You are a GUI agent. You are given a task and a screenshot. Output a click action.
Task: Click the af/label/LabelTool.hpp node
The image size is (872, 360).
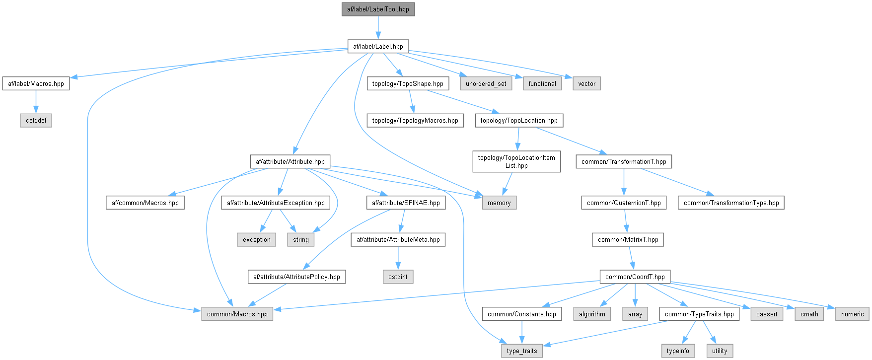coord(378,9)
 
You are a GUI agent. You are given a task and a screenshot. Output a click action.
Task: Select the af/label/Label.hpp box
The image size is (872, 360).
coord(378,47)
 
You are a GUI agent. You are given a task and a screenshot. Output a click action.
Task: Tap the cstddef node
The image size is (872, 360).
coord(36,121)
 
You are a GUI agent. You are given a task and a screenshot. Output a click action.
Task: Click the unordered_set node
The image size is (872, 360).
coord(486,84)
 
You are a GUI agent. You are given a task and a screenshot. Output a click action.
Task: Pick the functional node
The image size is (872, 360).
coord(542,84)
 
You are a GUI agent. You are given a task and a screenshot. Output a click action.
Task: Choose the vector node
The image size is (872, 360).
coord(586,84)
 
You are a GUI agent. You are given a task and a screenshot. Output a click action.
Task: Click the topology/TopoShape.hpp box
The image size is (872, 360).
coord(408,84)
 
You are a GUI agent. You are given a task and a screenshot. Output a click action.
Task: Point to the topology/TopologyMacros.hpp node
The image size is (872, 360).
coord(415,121)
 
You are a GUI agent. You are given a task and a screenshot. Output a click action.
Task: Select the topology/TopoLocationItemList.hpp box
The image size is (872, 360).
coord(516,162)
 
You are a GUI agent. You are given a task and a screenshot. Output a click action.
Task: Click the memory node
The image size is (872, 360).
coord(499,203)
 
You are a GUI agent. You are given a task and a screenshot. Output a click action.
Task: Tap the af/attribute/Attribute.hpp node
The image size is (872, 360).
coord(290,162)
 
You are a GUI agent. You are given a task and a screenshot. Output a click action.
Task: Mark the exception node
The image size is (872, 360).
coord(257,240)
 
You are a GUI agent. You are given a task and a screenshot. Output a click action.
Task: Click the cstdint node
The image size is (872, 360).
coord(398,277)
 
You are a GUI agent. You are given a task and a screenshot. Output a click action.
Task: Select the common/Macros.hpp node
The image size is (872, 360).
coord(237,314)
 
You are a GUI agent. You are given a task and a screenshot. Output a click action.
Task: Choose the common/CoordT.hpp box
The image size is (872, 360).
coord(635,277)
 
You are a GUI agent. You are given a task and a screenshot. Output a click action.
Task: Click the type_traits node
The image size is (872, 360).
coord(522,351)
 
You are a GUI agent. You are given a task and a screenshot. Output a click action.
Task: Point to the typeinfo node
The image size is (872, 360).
coord(678,351)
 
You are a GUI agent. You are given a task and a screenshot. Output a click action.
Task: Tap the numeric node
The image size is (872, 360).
coord(852,314)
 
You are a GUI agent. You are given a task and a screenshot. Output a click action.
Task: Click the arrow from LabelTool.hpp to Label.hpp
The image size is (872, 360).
coord(378,28)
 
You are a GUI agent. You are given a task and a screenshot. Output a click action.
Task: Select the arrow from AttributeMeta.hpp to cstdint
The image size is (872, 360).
coord(398,258)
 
